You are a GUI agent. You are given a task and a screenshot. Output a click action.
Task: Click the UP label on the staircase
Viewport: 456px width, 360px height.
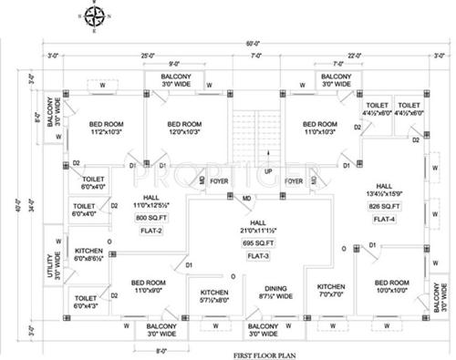(x=268, y=170)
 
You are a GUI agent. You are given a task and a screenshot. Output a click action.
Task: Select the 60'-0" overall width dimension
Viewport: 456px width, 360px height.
(x=247, y=41)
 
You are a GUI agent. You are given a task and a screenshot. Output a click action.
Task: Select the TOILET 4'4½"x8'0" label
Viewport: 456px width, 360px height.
(x=377, y=109)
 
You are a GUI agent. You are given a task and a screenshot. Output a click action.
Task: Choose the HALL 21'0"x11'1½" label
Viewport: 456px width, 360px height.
(x=258, y=228)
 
